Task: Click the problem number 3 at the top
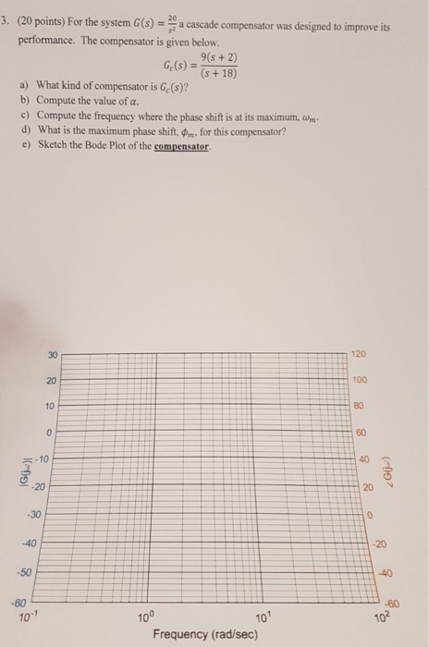coord(6,15)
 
